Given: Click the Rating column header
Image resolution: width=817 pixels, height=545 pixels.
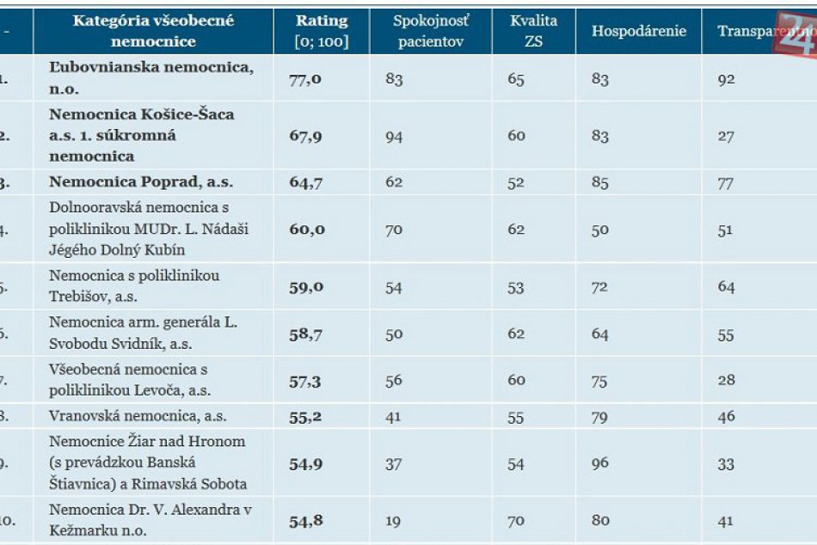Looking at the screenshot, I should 322,31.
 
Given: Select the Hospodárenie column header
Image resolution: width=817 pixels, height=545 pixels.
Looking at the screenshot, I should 638,31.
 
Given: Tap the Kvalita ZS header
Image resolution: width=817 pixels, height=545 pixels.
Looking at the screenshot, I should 533,31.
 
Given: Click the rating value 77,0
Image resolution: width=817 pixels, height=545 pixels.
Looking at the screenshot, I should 305,79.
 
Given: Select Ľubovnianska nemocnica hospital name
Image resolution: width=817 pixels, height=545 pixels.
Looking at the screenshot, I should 151,78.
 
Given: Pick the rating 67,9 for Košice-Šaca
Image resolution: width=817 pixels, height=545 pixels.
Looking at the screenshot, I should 305,136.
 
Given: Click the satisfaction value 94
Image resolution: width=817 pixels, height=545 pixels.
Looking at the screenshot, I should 394,136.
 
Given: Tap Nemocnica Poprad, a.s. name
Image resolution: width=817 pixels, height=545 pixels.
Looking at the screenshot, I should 141,182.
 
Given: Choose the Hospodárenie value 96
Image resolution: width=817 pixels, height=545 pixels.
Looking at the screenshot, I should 599,463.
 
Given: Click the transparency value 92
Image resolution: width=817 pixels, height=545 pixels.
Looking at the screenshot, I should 727,79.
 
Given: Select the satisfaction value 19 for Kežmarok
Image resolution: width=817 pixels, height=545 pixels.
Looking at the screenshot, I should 393,520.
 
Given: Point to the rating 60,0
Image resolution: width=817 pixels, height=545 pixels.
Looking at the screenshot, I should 306,230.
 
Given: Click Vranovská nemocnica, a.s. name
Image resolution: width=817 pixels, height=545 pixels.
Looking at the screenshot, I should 138,417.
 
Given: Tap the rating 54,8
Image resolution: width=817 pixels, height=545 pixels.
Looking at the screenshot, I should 306,520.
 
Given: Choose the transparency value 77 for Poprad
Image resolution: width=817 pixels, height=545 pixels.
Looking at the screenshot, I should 727,182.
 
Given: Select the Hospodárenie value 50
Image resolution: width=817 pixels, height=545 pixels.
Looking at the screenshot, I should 599,230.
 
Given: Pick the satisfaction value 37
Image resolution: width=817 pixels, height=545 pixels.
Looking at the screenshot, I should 394,463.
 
